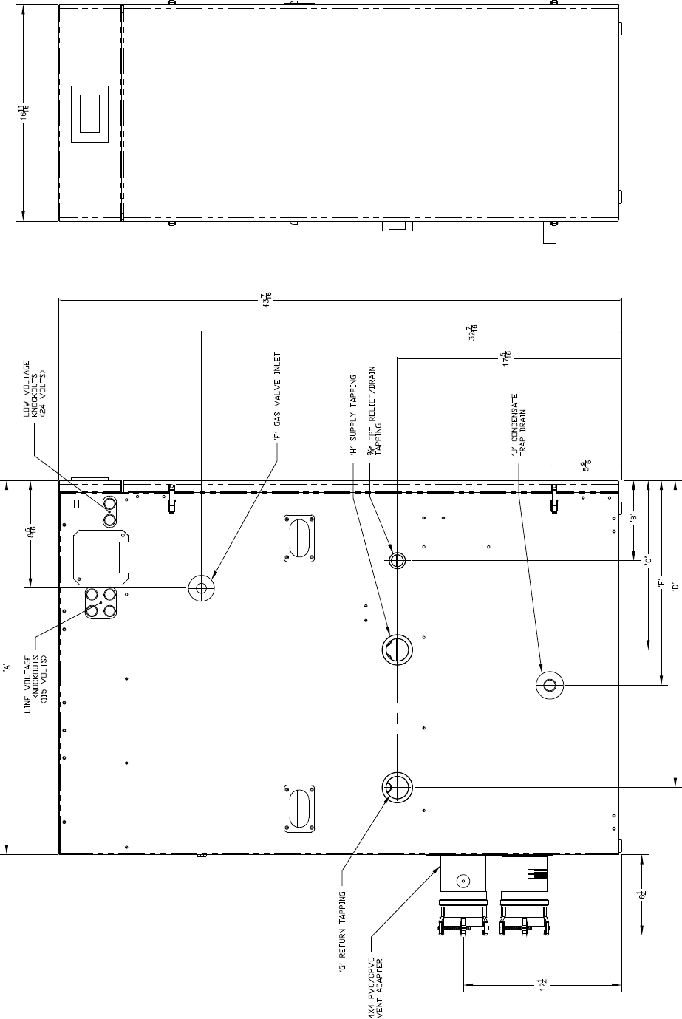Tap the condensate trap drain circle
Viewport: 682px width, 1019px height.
click(x=550, y=685)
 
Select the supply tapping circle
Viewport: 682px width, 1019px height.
click(x=398, y=650)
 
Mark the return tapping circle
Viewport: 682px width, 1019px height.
click(x=398, y=787)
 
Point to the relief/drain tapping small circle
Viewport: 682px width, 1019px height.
click(x=398, y=560)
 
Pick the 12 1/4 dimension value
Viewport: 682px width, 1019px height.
click(x=543, y=984)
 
